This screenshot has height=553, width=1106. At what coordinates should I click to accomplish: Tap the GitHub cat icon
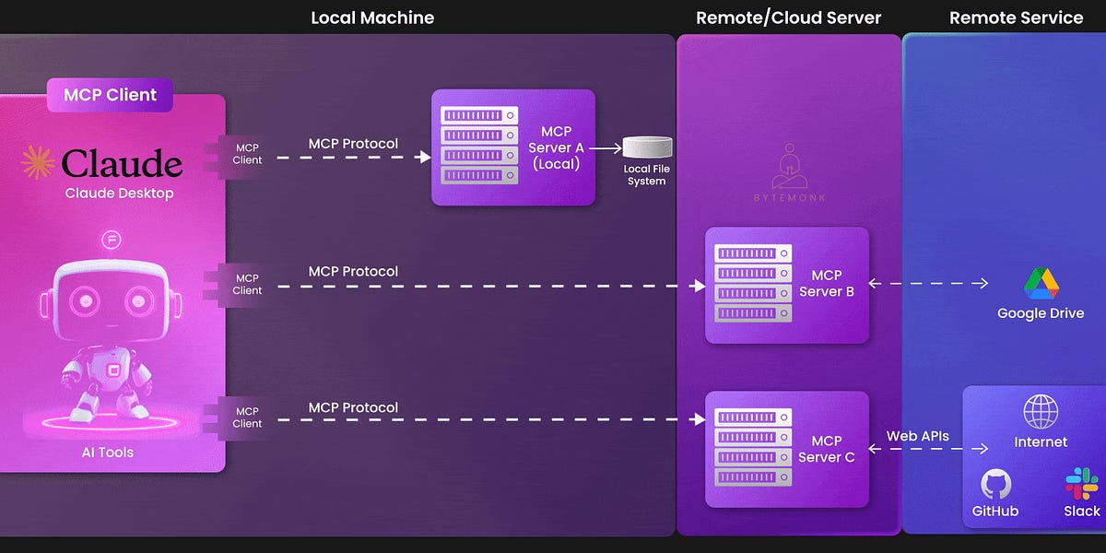(x=995, y=484)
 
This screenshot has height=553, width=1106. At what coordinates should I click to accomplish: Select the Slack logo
(x=1081, y=483)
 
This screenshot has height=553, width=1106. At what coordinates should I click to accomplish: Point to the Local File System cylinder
(x=647, y=147)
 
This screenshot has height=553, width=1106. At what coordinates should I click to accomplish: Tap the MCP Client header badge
(x=110, y=94)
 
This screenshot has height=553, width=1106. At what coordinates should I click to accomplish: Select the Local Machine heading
(x=372, y=18)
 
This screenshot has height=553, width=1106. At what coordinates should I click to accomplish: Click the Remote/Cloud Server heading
(x=788, y=18)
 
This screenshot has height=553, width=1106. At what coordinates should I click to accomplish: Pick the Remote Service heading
(x=1016, y=18)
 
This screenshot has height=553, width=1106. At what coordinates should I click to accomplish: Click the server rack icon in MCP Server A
(x=474, y=146)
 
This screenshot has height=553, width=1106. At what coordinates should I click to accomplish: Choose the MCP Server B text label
(x=826, y=283)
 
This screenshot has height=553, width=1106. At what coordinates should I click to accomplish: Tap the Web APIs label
(x=917, y=436)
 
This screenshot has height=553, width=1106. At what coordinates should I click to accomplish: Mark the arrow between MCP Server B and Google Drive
(x=928, y=284)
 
